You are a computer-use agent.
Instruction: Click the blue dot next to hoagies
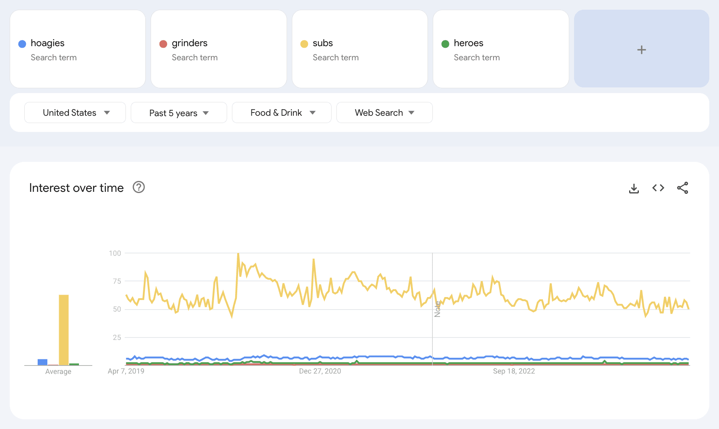click(x=22, y=44)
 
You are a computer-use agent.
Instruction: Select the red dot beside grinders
click(x=163, y=44)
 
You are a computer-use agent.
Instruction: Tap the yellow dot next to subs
click(x=304, y=44)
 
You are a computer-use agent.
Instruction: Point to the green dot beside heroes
click(x=445, y=44)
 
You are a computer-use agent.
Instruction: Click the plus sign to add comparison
click(x=641, y=50)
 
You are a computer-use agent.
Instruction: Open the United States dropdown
click(x=75, y=113)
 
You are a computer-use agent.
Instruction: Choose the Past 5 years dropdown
click(x=179, y=113)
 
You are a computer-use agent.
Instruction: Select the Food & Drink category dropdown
click(x=282, y=113)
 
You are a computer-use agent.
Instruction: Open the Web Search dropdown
click(x=384, y=113)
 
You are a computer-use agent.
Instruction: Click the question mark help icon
click(x=139, y=187)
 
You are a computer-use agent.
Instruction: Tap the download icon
click(x=634, y=188)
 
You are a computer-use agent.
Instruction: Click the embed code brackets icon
click(x=658, y=188)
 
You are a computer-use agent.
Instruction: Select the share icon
click(x=683, y=188)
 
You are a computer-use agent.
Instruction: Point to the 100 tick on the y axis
click(x=115, y=253)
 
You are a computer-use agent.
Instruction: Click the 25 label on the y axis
click(x=117, y=338)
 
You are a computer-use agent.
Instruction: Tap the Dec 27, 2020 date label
click(x=320, y=371)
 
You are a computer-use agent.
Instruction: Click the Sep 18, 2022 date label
click(x=514, y=371)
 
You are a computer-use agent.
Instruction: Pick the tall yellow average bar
click(x=64, y=330)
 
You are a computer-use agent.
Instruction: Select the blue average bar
click(x=43, y=362)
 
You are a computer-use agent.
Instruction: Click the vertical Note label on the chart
click(x=437, y=309)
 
